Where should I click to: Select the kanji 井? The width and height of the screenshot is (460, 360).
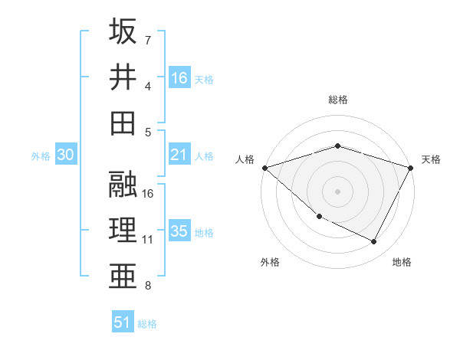coord(123,77)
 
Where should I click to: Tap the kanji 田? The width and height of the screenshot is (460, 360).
coord(123,123)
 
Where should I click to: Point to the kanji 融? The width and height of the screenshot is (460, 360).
coord(123,185)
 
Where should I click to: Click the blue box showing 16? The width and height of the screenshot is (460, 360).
coord(179,77)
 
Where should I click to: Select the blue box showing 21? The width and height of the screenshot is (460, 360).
coord(179,155)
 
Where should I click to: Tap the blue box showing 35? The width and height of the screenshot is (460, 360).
coord(179,231)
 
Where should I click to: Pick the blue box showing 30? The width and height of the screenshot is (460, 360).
coord(65,155)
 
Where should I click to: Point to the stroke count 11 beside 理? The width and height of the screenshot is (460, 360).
coord(148,240)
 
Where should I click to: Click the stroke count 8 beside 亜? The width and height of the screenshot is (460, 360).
coord(148,286)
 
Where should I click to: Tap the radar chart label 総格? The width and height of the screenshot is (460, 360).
coord(337,100)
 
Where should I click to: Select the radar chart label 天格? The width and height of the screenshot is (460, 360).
coord(431,159)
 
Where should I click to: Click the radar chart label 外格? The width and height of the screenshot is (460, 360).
coord(270,262)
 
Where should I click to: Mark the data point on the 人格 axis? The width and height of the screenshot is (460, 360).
coord(264,167)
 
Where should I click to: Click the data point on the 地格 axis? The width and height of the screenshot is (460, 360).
coord(374,242)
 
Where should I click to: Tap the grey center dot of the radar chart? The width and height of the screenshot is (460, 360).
coord(337,191)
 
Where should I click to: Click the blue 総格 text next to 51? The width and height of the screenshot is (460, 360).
coord(147,324)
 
